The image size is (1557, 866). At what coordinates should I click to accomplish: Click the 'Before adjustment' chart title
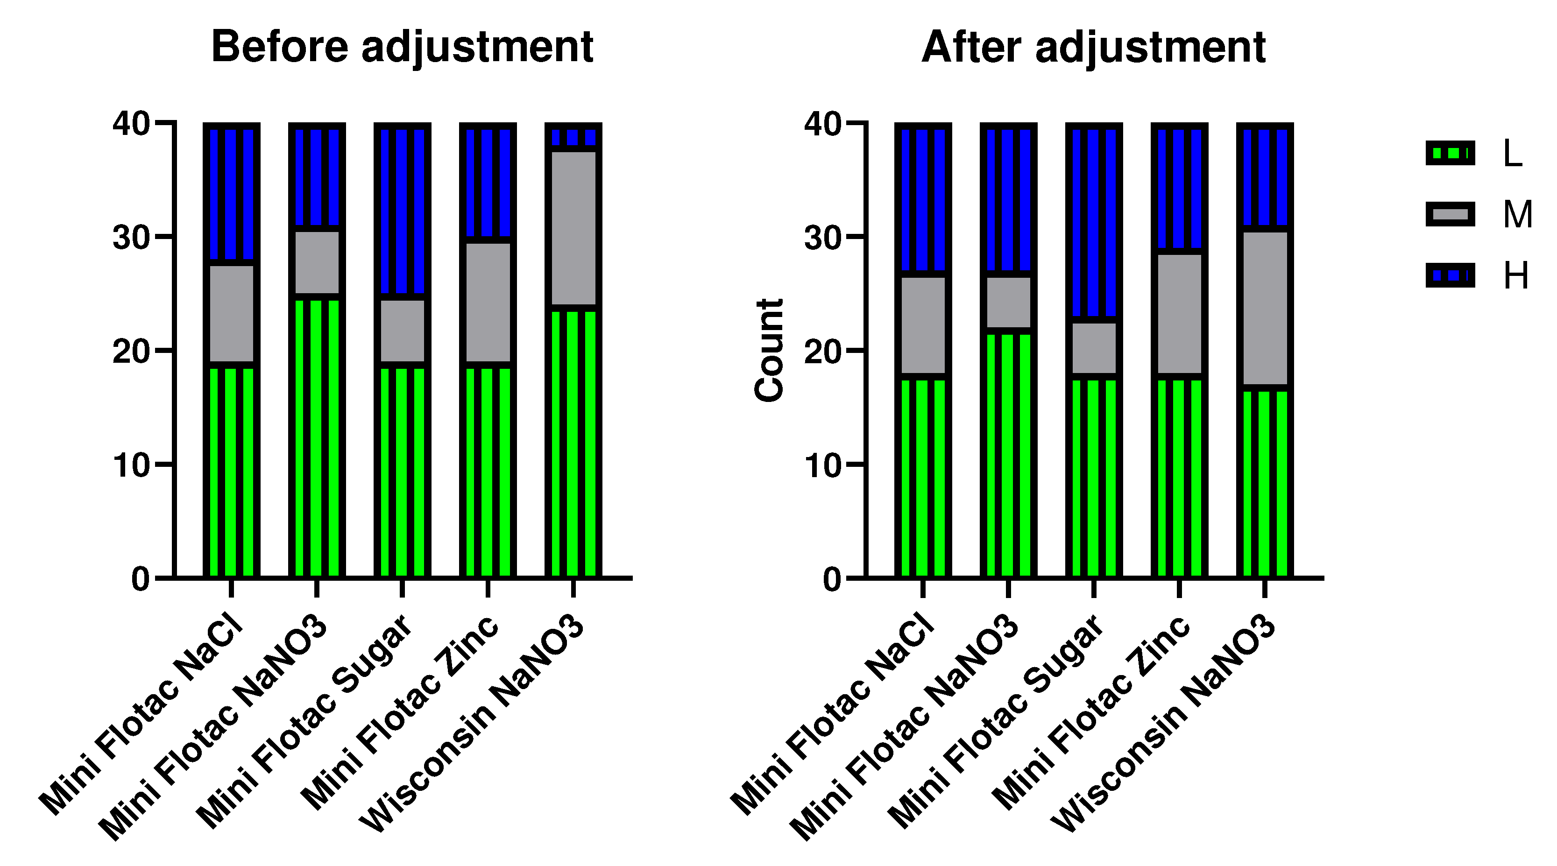(x=402, y=47)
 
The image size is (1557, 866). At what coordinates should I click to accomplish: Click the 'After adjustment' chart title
(x=1093, y=47)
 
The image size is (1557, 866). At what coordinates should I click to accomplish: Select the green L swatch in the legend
(x=1450, y=153)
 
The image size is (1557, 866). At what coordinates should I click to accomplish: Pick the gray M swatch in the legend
(x=1450, y=214)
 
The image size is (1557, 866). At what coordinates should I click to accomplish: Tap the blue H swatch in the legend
(x=1450, y=275)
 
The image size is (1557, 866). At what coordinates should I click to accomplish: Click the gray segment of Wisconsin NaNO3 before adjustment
(x=573, y=228)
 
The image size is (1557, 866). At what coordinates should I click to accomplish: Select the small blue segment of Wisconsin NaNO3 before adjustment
(x=573, y=137)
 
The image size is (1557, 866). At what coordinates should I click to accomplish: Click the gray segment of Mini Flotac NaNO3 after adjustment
(x=1008, y=302)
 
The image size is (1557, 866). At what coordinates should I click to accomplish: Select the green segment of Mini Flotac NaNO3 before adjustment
(x=317, y=435)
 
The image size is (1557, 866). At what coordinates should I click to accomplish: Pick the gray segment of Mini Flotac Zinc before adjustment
(x=488, y=302)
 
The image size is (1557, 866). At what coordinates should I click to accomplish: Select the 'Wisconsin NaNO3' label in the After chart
(x=1163, y=725)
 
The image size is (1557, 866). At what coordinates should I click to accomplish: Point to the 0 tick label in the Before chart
(x=140, y=579)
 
